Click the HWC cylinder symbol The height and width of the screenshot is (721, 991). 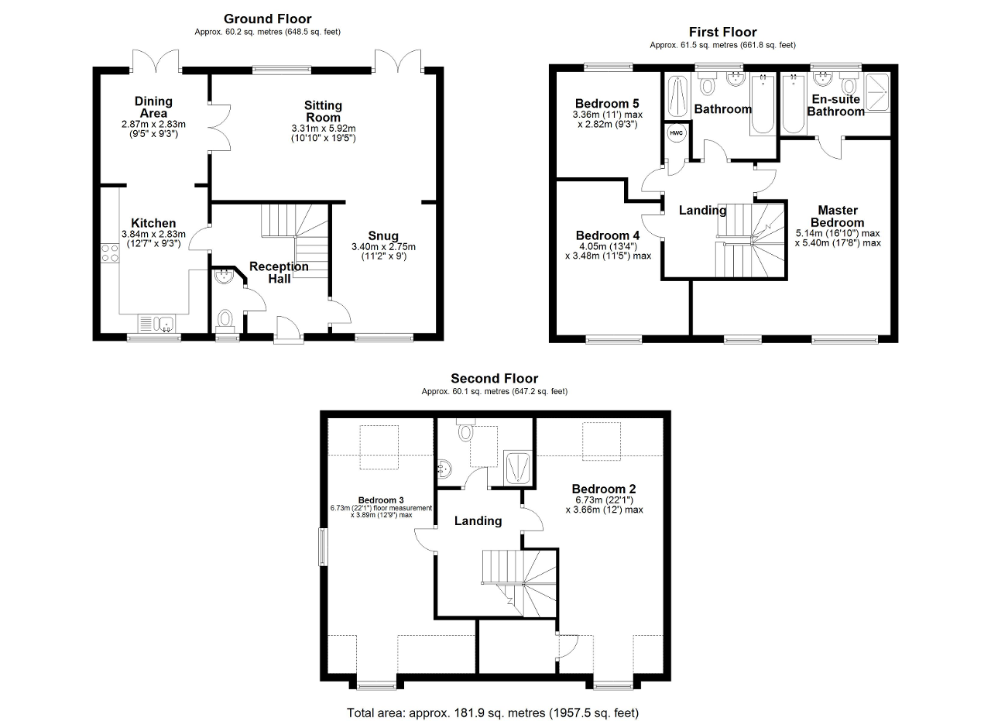tap(676, 132)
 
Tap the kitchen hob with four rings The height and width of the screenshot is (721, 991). tap(110, 253)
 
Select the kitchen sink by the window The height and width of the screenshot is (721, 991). tap(157, 323)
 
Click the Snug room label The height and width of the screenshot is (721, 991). tap(383, 236)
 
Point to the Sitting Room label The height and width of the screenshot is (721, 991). tap(323, 112)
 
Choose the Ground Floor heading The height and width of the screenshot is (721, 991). tap(267, 19)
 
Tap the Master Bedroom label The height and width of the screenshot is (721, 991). tap(838, 216)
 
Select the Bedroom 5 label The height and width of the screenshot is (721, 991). tap(607, 104)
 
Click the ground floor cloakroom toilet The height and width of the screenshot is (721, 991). tap(225, 320)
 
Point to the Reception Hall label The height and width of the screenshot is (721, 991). tap(279, 272)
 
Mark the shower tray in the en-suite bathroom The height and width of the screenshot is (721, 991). tap(877, 92)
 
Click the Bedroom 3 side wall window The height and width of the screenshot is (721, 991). tap(324, 547)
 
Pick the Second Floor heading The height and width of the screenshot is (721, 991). tap(494, 379)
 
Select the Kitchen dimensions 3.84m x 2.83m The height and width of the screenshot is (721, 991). tap(153, 234)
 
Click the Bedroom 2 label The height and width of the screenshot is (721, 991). tap(603, 489)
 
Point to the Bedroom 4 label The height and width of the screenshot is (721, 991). tap(608, 235)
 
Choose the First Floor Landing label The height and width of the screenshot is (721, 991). tap(702, 210)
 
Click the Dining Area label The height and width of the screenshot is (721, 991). tap(153, 107)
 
